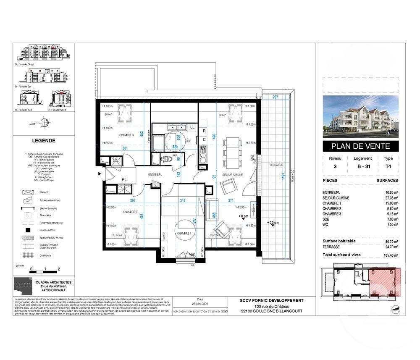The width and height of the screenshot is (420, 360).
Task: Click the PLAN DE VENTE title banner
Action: [360, 146]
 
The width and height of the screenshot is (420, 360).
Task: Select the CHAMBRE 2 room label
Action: [130, 212]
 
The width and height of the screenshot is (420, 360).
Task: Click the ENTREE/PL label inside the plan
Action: [156, 174]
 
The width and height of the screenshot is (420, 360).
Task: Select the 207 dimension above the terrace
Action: [276, 97]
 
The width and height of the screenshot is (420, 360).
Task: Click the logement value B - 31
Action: [362, 166]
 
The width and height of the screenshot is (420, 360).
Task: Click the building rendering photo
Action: [360, 117]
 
